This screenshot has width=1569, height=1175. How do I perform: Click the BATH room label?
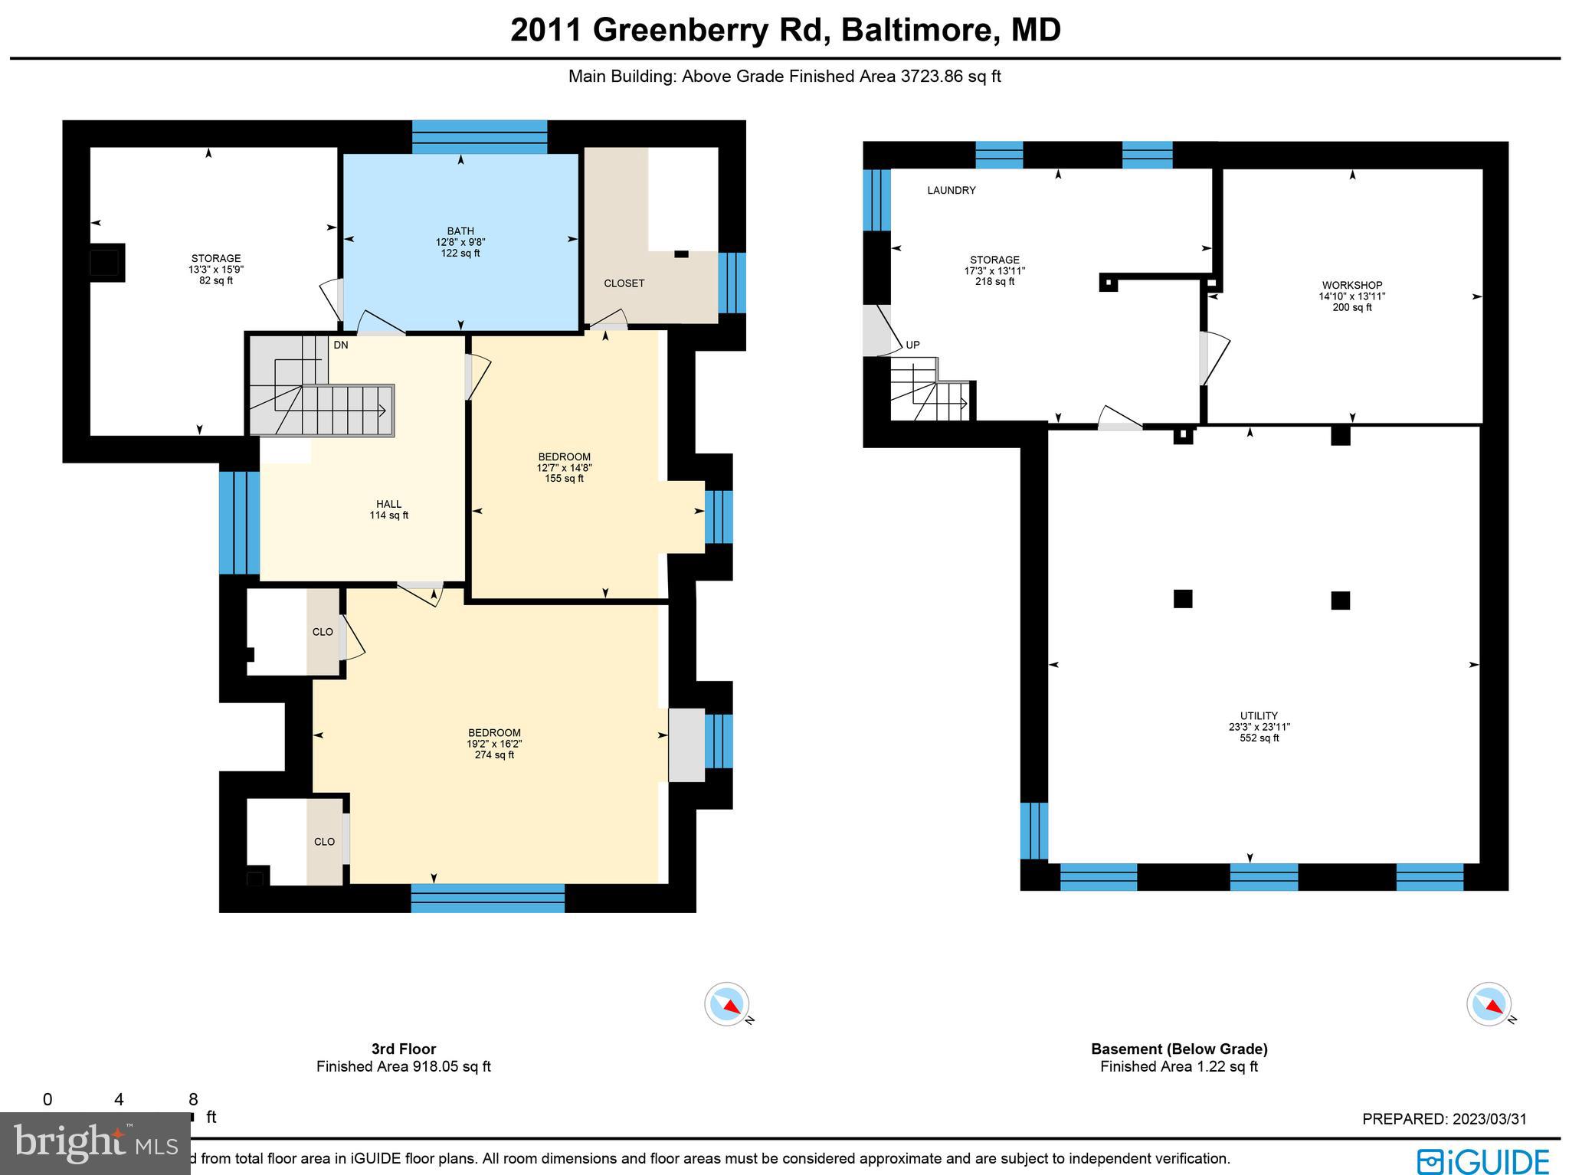tap(460, 231)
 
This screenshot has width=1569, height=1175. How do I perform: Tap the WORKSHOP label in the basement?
tap(1351, 286)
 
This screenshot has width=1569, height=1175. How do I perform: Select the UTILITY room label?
tap(1259, 717)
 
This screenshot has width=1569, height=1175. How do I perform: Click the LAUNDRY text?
tap(951, 191)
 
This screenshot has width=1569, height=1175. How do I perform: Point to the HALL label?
tap(388, 505)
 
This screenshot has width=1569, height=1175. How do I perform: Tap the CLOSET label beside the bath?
tap(624, 283)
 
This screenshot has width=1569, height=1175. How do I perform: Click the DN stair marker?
tap(341, 345)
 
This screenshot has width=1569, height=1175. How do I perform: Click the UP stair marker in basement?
tap(912, 345)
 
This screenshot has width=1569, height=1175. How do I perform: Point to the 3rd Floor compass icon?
tap(726, 1003)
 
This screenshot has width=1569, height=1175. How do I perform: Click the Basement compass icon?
tap(1489, 1003)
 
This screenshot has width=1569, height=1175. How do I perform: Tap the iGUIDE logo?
tap(1482, 1160)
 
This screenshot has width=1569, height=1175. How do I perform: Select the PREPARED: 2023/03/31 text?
tap(1444, 1119)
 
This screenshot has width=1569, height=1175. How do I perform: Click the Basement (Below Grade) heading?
tap(1179, 1049)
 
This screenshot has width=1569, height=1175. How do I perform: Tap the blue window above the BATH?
tap(480, 137)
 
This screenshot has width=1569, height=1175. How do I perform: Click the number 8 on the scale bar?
tap(193, 1100)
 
